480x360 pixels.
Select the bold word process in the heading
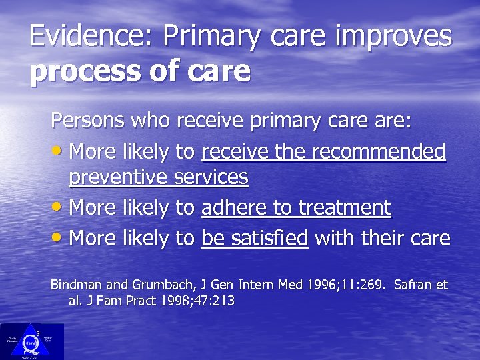pos(90,71)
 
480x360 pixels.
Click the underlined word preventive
pos(119,178)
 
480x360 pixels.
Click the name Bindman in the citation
pos(73,285)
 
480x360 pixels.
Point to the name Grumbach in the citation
pos(150,285)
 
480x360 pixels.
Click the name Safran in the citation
pos(412,285)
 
